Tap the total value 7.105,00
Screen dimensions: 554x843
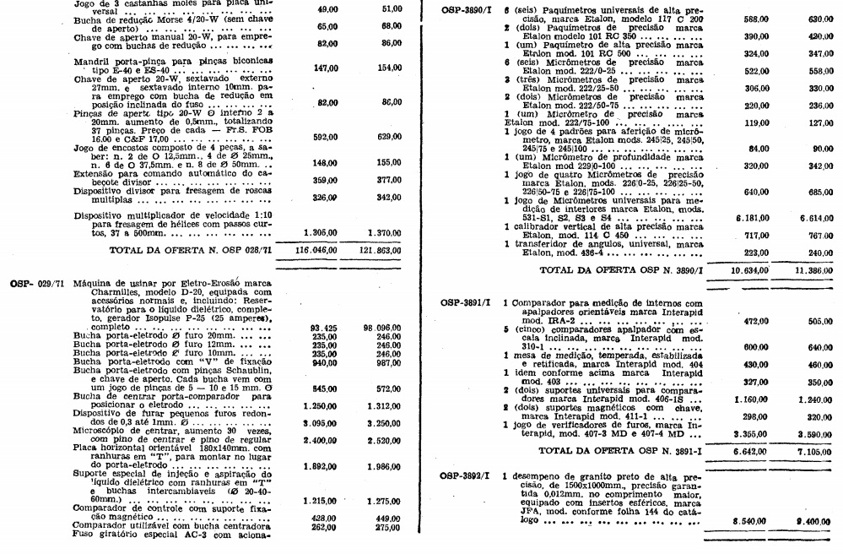[x=814, y=451]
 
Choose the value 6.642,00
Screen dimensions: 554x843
[x=743, y=451]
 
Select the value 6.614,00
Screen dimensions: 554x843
[x=814, y=217]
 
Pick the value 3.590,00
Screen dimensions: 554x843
[x=814, y=433]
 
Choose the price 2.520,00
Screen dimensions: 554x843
[x=382, y=440]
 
